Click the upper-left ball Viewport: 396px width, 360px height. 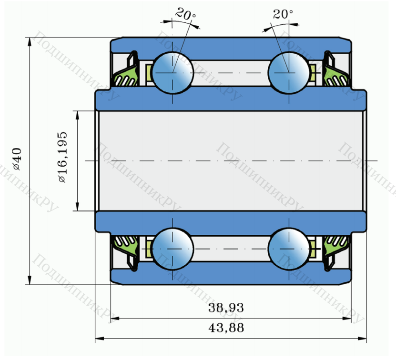point(173,73)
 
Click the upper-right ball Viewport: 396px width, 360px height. point(289,73)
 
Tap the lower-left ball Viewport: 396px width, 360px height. point(173,249)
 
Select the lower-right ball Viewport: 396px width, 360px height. point(289,249)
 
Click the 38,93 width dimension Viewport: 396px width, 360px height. point(226,308)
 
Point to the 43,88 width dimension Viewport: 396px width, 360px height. point(226,328)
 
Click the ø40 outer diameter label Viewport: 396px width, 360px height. point(17,159)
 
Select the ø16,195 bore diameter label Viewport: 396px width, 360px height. point(62,157)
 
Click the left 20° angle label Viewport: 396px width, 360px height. point(185,14)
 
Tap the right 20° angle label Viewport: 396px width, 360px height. point(283,14)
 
